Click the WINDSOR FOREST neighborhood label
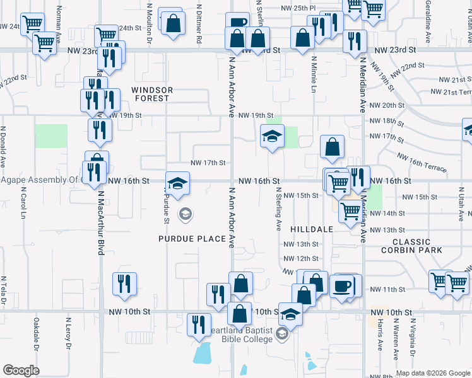tap(151, 94)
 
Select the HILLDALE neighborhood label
tap(312, 229)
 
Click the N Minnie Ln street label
tap(314, 75)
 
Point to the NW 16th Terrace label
tap(422, 163)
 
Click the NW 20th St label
tap(387, 105)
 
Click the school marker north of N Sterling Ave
tap(272, 136)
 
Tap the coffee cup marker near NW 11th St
tap(342, 286)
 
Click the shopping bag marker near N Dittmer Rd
tap(171, 23)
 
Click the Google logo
tap(21, 370)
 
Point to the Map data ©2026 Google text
tap(432, 373)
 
